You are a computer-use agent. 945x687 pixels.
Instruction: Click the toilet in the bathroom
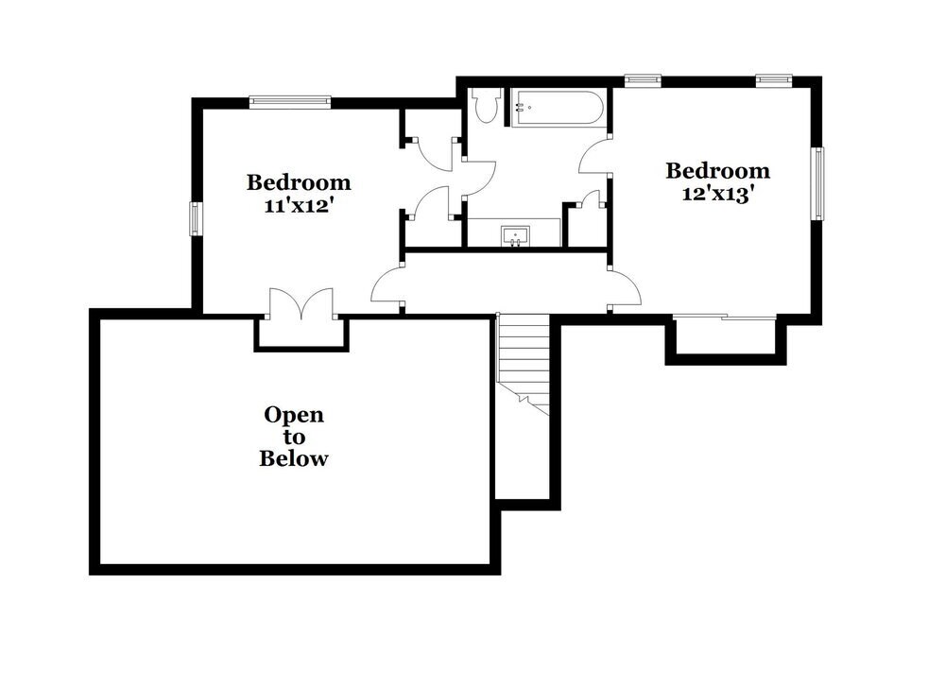point(488,106)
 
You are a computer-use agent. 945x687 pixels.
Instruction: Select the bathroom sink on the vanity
point(515,235)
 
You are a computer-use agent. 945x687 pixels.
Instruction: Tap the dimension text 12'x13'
point(717,194)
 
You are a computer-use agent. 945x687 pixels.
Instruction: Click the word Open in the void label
point(294,415)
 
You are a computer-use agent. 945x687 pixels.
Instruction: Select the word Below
point(294,459)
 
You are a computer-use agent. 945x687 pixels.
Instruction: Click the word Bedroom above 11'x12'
point(299,182)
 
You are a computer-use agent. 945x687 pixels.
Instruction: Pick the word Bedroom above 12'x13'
point(718,171)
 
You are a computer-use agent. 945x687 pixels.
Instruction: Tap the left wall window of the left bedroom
point(196,218)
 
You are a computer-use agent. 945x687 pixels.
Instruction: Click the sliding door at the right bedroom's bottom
point(724,317)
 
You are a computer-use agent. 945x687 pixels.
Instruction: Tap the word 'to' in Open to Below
point(294,437)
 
